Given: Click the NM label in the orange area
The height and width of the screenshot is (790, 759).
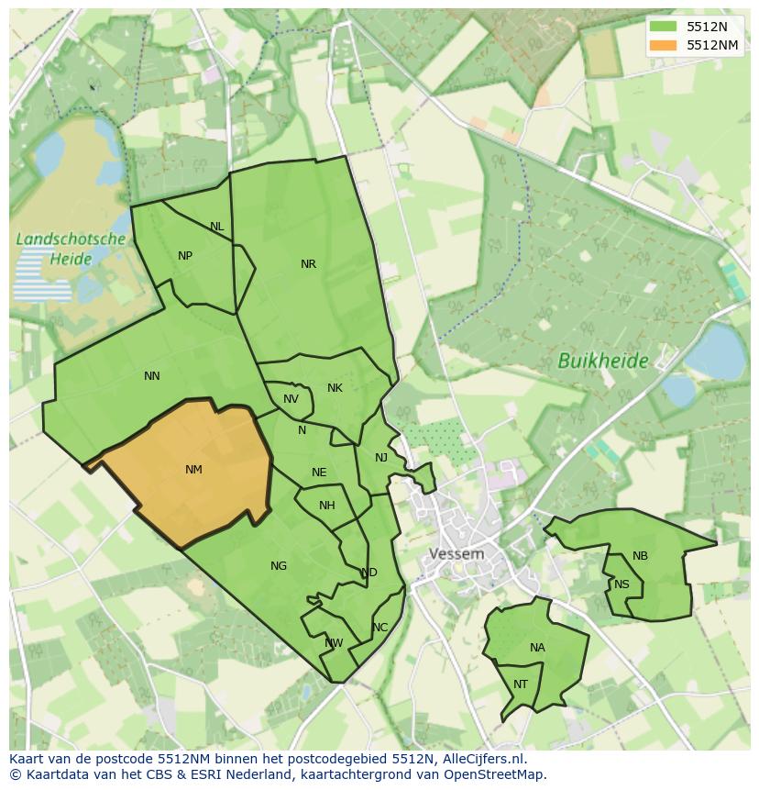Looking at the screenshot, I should coord(193,470).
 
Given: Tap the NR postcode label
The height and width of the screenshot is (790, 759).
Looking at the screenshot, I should coord(308,264).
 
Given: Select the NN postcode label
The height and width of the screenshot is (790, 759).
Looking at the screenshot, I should coord(152,376).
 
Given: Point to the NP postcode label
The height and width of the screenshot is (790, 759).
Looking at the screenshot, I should coord(185,256).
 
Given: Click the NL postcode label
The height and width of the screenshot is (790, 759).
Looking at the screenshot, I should coord(216,227).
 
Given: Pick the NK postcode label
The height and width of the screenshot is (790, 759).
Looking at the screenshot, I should coord(335,388).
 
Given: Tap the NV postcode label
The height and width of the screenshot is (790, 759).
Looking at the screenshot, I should coord(291,399).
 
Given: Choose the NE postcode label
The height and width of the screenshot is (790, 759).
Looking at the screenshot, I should coord(319,473).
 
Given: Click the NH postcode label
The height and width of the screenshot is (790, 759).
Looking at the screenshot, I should coord(327,506).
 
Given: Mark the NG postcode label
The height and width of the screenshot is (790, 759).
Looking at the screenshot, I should coord(279,566).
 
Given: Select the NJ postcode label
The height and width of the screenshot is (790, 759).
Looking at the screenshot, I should coord(381,458).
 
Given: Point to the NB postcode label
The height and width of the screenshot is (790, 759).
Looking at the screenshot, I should coord(640,556).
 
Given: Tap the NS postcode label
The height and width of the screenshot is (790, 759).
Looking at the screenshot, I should coord(622,584).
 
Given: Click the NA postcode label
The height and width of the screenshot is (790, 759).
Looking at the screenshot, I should coord(537,648).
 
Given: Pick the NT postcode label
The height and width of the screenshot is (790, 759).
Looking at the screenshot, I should coord(521,684).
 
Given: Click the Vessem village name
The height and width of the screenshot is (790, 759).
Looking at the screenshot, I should coord(456,554).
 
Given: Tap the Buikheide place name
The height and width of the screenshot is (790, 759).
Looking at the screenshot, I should coord(603,362).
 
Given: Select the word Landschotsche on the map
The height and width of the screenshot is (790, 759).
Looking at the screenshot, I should coord(71,239).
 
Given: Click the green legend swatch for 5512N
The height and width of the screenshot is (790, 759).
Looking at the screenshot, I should coord(662,27).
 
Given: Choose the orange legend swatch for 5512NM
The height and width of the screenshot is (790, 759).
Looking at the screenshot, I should coord(662,45).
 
